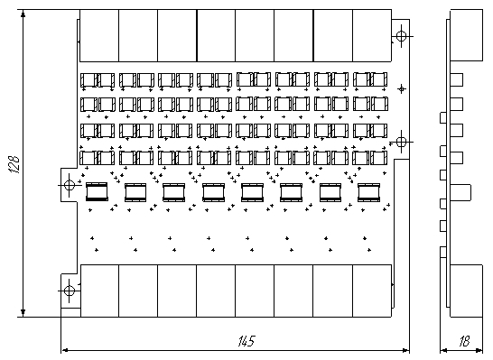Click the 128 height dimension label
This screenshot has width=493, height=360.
coord(14,163)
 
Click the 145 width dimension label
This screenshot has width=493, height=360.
coord(246,341)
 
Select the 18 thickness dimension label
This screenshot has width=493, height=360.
coord(465,341)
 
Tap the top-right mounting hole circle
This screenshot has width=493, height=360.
coord(401,36)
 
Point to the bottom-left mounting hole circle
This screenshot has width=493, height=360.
coord(69,291)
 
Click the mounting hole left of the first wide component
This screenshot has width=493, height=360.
coord(69,185)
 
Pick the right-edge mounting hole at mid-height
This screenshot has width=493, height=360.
coord(401,142)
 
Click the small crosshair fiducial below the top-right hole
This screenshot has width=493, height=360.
coord(401,89)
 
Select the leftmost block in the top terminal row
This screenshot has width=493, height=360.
coord(99,35)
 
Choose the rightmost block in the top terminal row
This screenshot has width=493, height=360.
coord(372,35)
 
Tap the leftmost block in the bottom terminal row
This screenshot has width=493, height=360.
coord(99,291)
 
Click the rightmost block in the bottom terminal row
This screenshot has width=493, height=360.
coord(372,291)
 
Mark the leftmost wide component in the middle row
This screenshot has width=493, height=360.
coord(97,191)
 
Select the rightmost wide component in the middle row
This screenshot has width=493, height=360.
coord(368,192)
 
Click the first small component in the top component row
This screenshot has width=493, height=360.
coord(89,80)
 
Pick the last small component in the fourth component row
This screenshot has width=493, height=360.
coord(378,158)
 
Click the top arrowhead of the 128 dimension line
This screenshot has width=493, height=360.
coord(23,14)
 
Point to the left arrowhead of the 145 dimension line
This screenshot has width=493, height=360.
coord(64,350)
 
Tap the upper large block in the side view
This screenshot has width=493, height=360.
coord(467,35)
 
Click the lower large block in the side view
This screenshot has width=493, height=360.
coord(467,291)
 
